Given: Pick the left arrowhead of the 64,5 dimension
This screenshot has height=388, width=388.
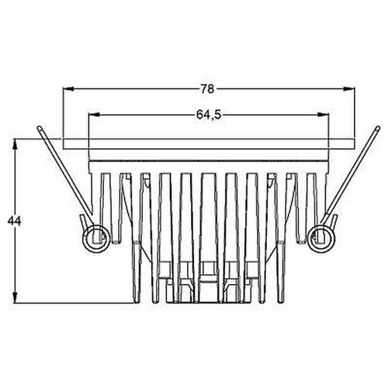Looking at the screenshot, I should (93, 114).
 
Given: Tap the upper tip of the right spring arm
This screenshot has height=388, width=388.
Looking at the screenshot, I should (376, 127).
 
